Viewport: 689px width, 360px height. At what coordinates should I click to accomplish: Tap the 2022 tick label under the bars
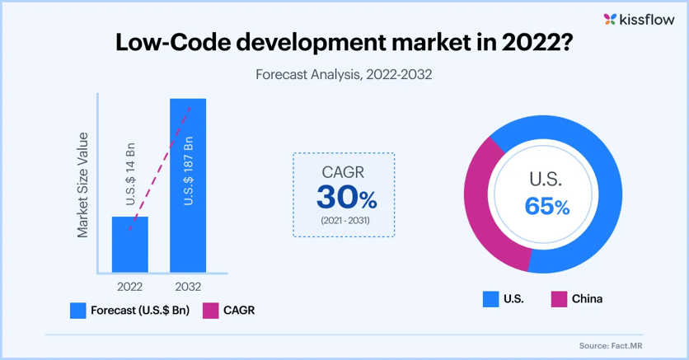coord(129,287)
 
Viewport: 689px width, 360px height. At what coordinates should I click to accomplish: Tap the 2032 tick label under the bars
coord(188,287)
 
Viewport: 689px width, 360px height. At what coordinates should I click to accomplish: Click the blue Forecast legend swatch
coord(78,311)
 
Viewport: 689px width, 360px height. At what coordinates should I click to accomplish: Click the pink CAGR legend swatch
coord(210,311)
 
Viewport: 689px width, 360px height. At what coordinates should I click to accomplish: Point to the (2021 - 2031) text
coord(344,222)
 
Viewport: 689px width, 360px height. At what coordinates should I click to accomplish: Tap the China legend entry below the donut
coord(587,298)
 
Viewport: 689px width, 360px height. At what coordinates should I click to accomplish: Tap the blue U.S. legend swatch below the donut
coord(491,298)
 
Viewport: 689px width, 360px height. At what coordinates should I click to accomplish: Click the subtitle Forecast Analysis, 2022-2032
coord(344,73)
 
